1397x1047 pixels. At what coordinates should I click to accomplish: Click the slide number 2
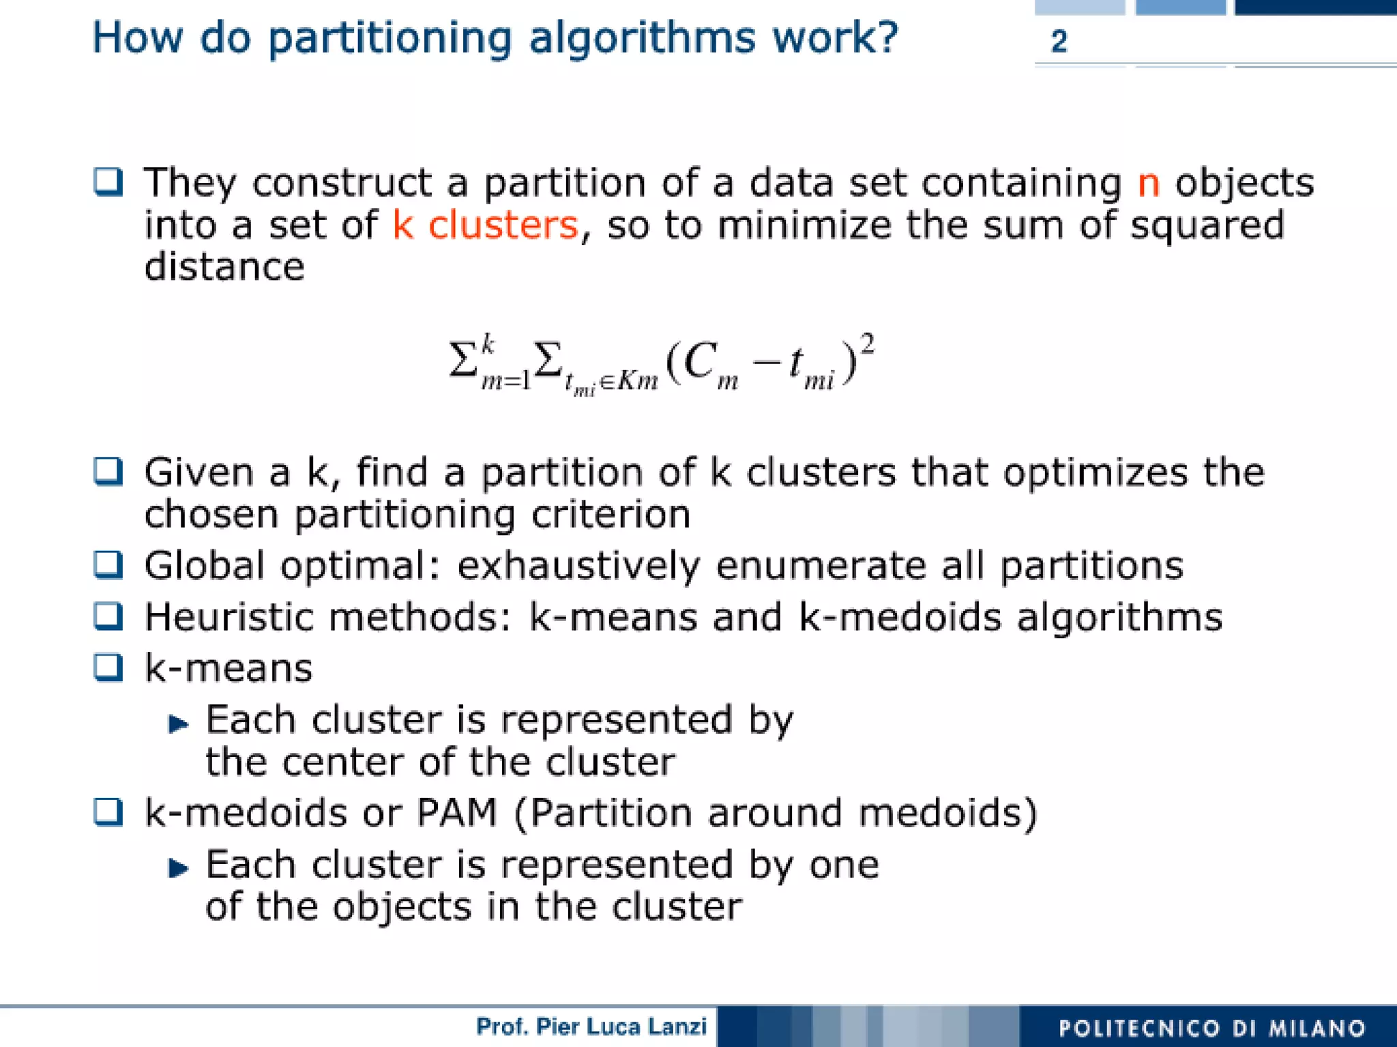(1059, 42)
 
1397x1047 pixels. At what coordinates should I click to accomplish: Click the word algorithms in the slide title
(642, 39)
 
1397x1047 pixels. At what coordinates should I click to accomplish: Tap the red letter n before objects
(1149, 183)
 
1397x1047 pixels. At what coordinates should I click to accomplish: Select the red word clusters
(503, 225)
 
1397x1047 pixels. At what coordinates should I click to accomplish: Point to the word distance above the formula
(224, 267)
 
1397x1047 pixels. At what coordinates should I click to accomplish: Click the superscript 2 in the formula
(867, 344)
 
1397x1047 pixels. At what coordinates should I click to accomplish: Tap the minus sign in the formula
(767, 362)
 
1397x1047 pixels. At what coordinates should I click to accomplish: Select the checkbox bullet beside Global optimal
(108, 564)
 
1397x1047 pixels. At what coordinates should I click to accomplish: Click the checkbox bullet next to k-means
(108, 668)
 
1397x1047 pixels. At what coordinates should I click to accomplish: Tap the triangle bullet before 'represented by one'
(178, 868)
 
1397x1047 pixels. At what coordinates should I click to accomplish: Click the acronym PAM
(456, 813)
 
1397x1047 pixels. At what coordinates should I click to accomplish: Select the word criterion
(611, 515)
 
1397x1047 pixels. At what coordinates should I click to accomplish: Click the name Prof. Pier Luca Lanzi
(591, 1027)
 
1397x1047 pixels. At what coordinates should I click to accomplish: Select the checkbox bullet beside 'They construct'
(108, 182)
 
